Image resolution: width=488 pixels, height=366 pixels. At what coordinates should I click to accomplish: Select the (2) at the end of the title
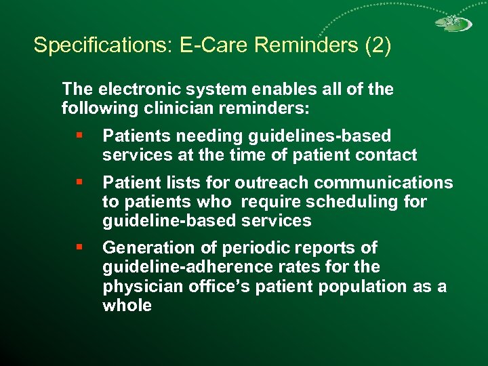point(378,45)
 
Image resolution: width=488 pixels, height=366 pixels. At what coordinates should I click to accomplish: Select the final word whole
point(127,306)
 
